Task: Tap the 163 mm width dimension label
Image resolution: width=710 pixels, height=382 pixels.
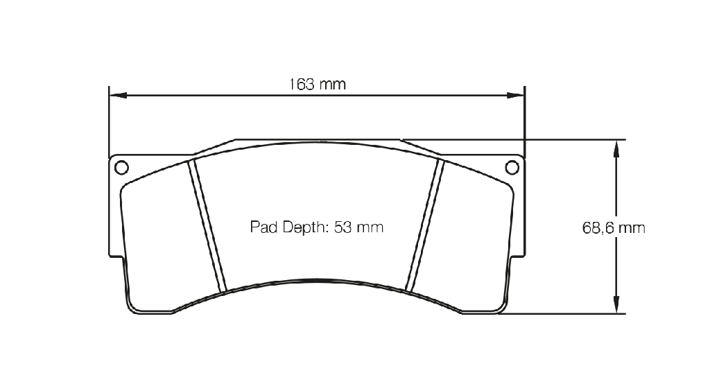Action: point(318,84)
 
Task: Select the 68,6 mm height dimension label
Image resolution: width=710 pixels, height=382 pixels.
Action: point(614,227)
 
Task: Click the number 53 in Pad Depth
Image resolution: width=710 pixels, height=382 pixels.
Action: point(343,227)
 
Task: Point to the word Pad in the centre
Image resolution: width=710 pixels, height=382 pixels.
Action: point(263,227)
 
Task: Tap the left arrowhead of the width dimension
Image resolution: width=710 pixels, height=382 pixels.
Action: point(118,95)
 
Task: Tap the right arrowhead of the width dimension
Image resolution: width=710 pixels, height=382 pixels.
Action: point(515,95)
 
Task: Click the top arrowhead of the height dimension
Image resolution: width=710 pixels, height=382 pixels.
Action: point(616,148)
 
